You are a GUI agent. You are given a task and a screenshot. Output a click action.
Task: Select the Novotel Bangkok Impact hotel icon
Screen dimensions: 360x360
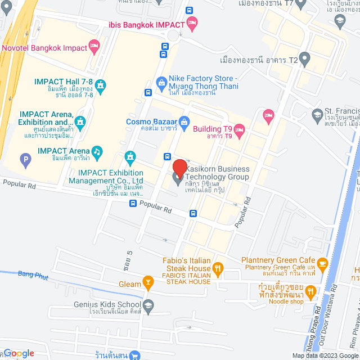(94, 48)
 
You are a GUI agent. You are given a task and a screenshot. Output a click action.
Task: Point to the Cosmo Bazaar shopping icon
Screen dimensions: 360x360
(183, 121)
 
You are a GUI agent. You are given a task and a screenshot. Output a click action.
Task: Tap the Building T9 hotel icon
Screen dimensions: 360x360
(240, 132)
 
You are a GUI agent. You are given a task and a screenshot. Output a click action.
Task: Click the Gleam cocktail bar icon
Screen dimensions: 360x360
(148, 281)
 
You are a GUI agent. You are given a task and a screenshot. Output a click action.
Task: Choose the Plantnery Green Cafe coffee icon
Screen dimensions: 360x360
(322, 263)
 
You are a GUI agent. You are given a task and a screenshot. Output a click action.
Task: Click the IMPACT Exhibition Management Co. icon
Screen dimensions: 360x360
(130, 155)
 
